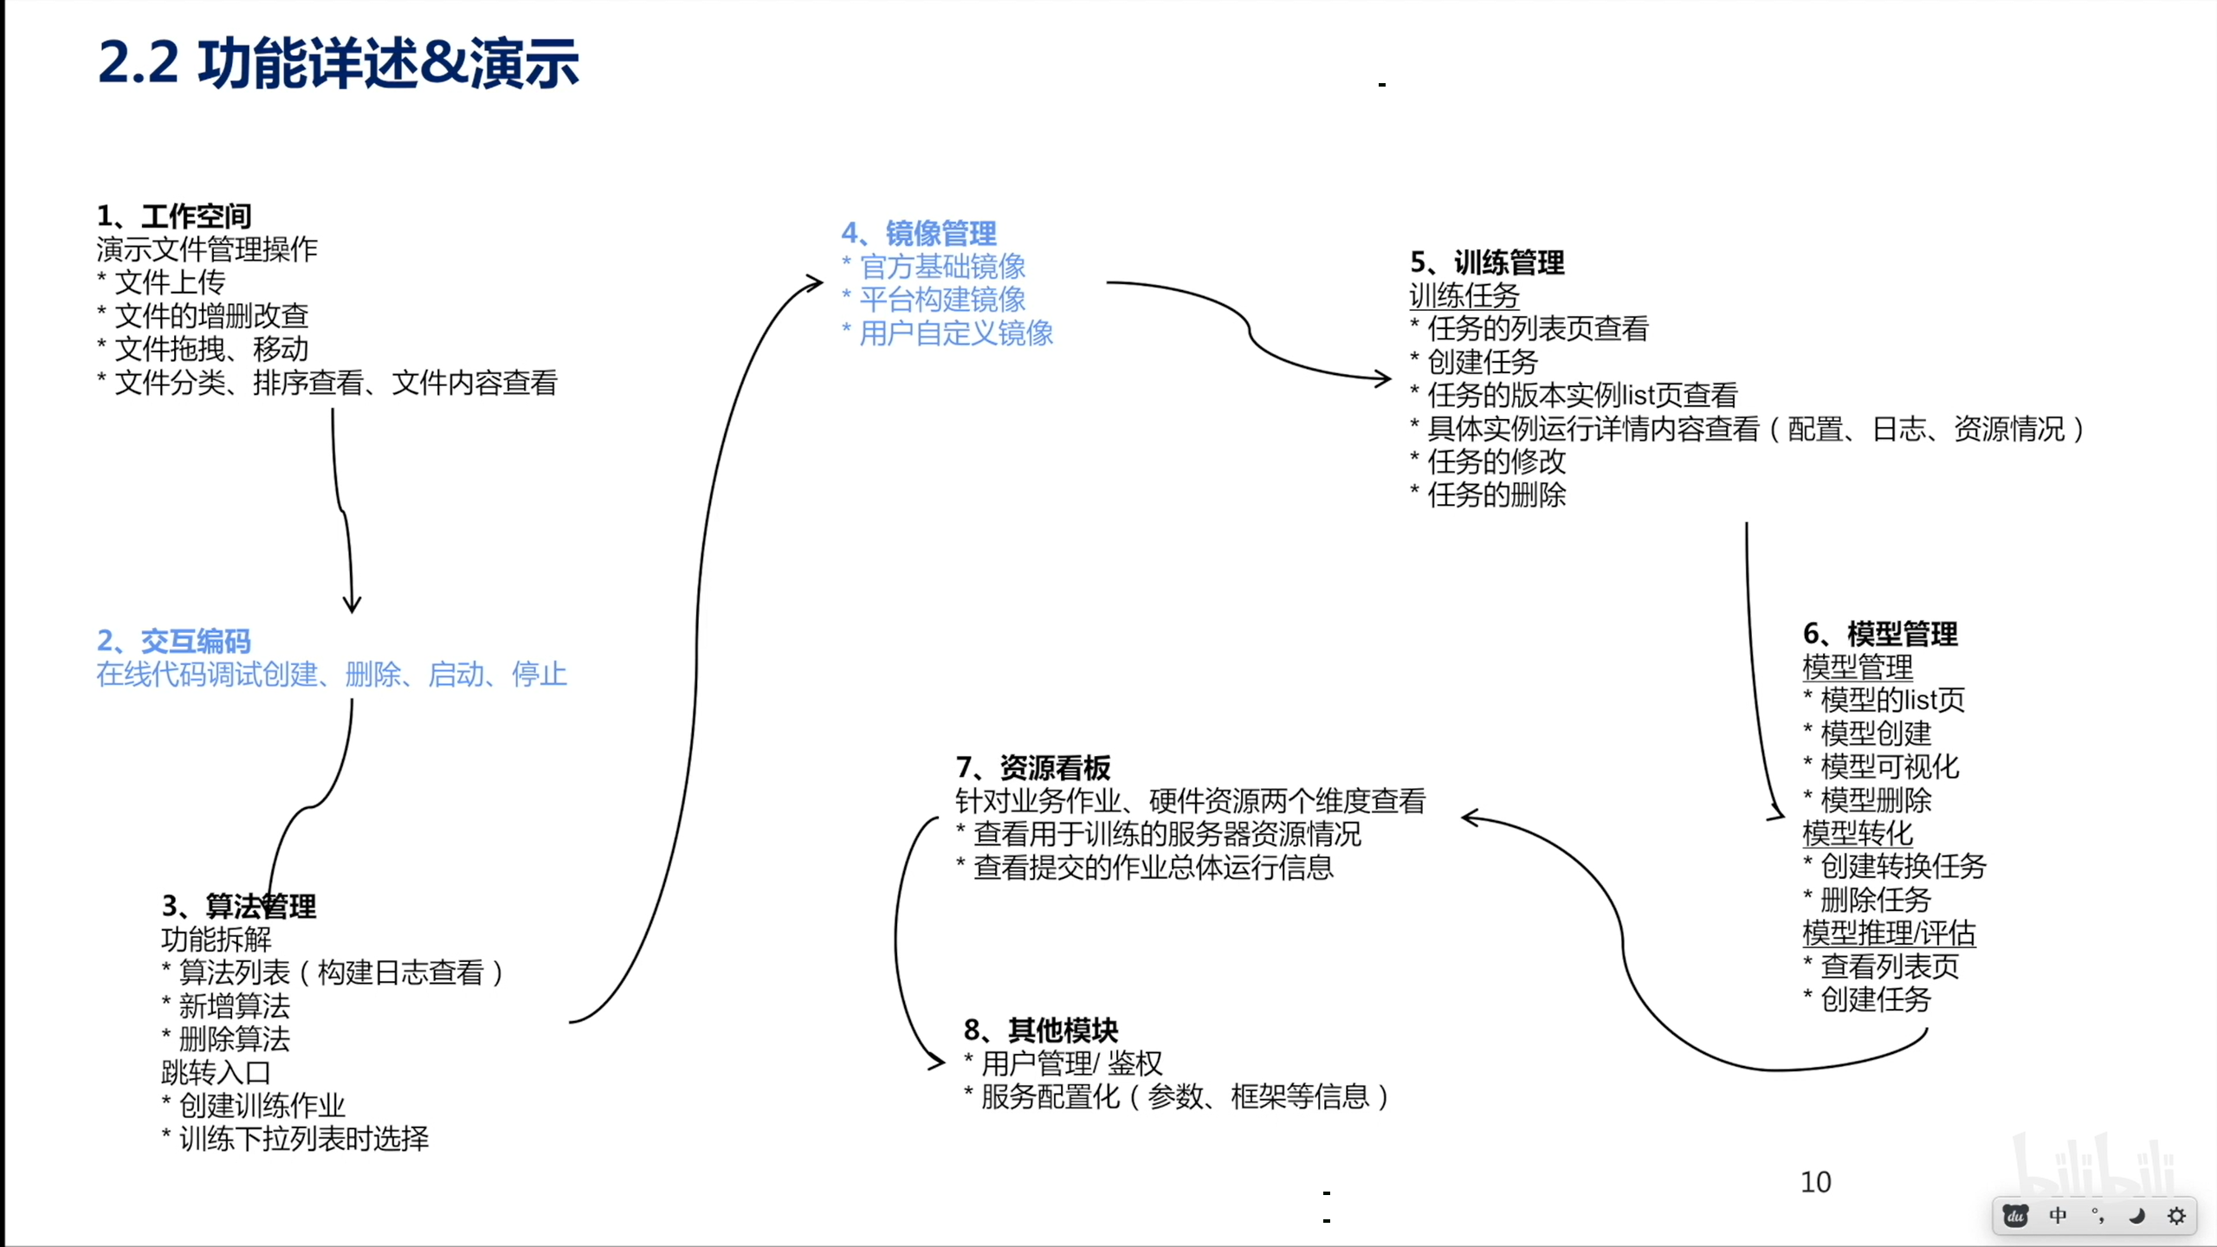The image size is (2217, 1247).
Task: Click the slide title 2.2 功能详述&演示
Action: pos(338,63)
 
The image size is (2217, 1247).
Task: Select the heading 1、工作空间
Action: pos(174,216)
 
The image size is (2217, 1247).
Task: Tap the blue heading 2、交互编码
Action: pos(174,641)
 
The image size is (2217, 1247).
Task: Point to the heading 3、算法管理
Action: pos(239,906)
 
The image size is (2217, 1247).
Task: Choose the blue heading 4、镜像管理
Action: pos(919,233)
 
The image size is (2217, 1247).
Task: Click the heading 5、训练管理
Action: pos(1487,262)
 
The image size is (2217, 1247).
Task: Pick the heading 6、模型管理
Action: pos(1880,634)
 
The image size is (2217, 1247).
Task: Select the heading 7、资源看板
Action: pos(1033,767)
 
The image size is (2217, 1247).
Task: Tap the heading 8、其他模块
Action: pos(1041,1030)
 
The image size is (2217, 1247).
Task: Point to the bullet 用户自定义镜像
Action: pos(955,333)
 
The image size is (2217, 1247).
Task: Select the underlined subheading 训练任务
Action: pos(1464,296)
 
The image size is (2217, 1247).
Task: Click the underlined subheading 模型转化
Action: pos(1858,833)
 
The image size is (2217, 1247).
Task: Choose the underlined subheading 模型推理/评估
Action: pos(1889,933)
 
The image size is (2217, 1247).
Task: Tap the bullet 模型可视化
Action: pos(1889,766)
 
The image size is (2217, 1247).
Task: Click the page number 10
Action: pos(1816,1182)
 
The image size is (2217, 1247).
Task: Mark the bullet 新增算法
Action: pos(234,1006)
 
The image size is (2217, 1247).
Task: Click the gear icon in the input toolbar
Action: pos(2176,1216)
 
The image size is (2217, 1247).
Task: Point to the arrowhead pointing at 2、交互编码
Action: pos(352,604)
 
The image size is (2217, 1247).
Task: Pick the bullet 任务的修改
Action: pos(1496,462)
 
